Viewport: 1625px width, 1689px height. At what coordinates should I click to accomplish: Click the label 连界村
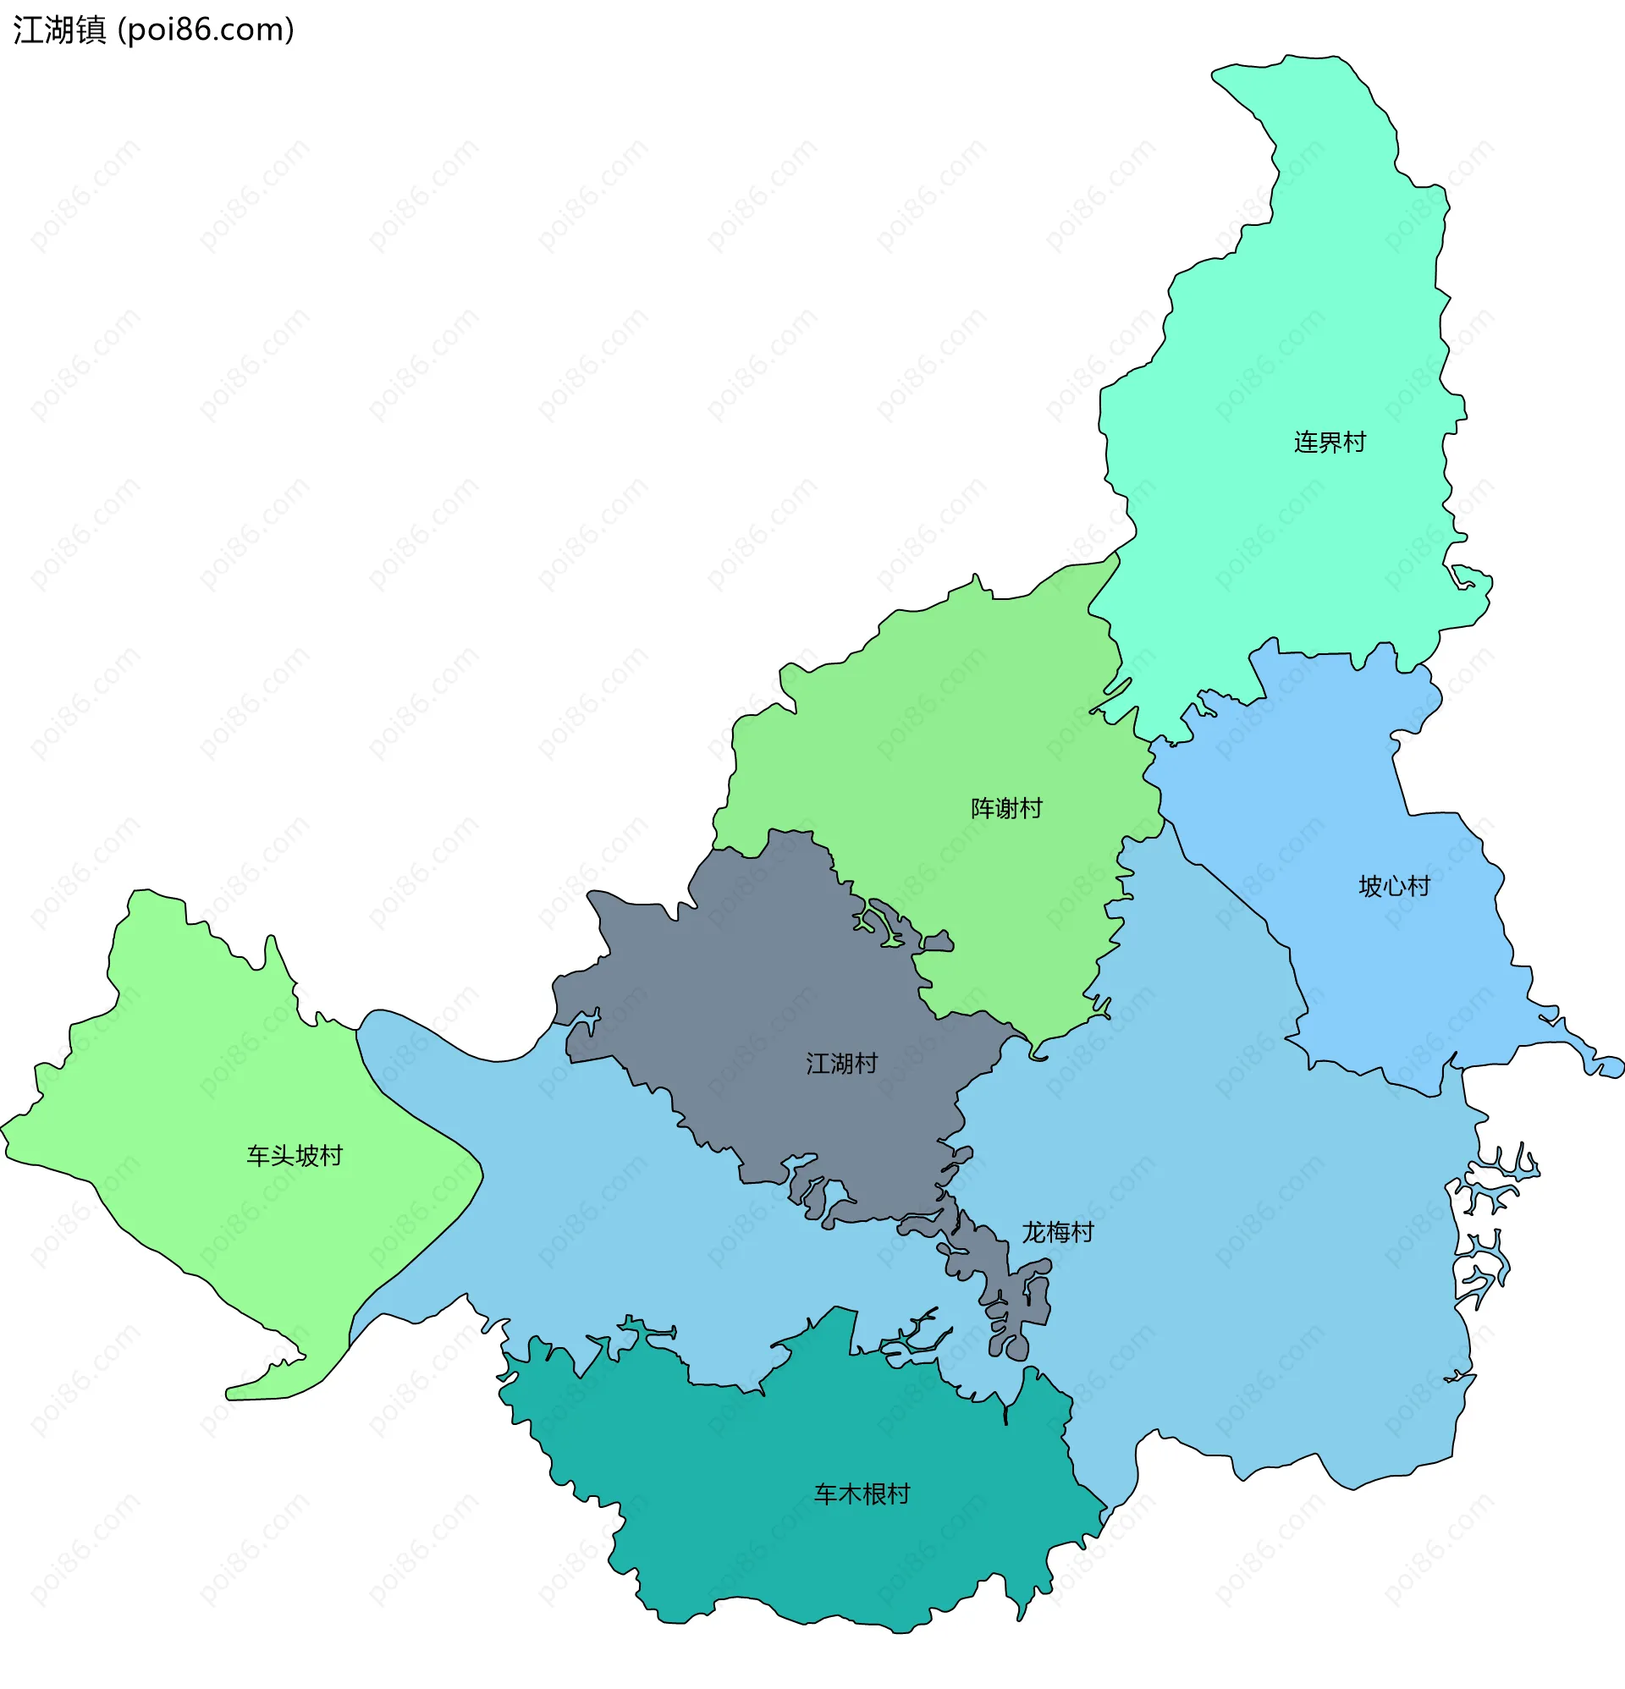point(1330,442)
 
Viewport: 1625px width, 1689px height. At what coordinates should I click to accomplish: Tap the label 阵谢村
point(1006,808)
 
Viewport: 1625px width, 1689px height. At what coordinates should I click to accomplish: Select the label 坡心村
point(1394,886)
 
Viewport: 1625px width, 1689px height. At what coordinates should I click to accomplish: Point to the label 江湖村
point(841,1064)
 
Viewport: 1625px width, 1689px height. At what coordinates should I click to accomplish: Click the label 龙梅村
point(1057,1232)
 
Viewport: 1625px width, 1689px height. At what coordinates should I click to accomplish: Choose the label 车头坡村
point(295,1156)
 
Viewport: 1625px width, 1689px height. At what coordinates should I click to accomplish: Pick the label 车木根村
point(862,1494)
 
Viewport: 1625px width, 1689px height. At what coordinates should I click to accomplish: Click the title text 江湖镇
point(59,30)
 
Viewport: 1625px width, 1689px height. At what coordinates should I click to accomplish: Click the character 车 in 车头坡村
point(259,1156)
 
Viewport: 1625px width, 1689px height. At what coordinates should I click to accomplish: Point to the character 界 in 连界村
point(1330,442)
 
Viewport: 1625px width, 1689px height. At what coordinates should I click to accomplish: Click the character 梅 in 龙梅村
point(1057,1232)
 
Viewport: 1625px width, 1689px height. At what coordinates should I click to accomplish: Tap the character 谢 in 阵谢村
point(1006,808)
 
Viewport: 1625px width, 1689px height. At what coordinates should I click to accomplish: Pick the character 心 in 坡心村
point(1394,886)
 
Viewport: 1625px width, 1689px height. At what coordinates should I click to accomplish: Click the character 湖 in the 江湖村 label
point(841,1064)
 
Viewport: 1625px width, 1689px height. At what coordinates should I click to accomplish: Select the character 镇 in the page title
point(91,30)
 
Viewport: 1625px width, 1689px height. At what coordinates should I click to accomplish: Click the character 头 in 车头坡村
point(283,1156)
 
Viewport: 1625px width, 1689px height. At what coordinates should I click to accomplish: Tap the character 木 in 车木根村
point(850,1494)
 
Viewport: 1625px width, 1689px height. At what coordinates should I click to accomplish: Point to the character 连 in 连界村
point(1305,442)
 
